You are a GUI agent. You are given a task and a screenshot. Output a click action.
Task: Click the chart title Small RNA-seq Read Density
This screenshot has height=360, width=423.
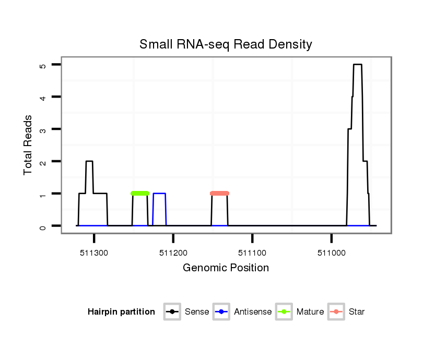tap(226, 44)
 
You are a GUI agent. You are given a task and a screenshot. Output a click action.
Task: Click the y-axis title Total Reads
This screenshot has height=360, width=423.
tap(28, 145)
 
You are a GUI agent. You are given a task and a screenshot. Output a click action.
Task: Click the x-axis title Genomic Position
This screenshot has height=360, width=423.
tap(226, 268)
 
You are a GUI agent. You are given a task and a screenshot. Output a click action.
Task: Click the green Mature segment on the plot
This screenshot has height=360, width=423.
tap(140, 194)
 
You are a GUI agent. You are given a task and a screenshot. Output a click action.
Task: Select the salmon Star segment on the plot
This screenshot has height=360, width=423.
tap(219, 194)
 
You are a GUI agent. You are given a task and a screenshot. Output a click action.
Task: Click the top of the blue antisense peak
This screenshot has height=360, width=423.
tap(159, 194)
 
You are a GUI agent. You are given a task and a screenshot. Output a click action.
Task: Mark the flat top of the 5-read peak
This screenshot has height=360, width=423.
tap(357, 65)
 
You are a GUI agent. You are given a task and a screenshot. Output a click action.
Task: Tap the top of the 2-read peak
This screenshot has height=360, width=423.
tap(89, 162)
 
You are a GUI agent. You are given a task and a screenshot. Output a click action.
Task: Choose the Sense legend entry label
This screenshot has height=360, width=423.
tap(197, 312)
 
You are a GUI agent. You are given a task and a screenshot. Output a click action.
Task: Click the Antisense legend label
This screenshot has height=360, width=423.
tap(253, 312)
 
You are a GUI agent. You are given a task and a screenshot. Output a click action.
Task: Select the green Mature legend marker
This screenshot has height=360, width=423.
tap(284, 312)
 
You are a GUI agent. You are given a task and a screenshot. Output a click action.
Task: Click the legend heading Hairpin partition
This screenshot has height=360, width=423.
tap(121, 312)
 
